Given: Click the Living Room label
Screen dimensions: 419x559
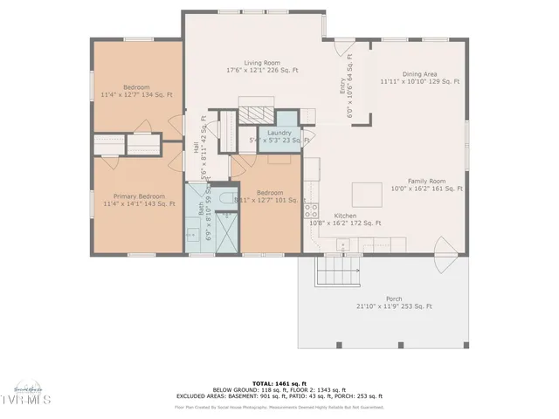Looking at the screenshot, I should tap(261, 63).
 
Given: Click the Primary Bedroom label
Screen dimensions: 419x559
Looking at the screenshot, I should tap(137, 196).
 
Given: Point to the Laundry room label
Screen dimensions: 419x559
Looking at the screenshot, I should tap(279, 133).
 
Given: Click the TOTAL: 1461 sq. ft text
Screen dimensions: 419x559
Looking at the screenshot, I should tap(279, 382).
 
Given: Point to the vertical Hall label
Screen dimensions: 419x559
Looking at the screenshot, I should tap(196, 148).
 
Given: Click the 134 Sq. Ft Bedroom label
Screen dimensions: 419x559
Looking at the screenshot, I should tap(136, 91).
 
